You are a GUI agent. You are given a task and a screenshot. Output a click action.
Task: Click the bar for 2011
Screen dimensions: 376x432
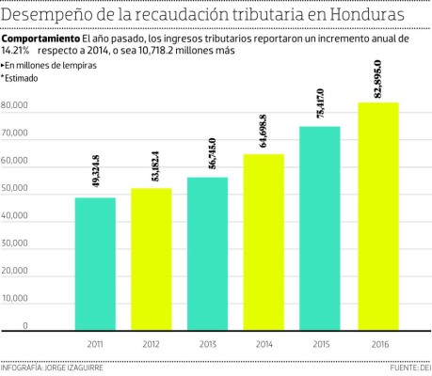coord(95,264)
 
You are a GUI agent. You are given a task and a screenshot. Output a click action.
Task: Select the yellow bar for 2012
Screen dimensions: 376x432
coord(152,259)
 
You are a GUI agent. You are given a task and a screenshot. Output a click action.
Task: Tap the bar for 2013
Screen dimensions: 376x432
coord(207,254)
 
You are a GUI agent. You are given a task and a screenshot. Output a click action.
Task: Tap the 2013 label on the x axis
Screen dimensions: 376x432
coord(207,344)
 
